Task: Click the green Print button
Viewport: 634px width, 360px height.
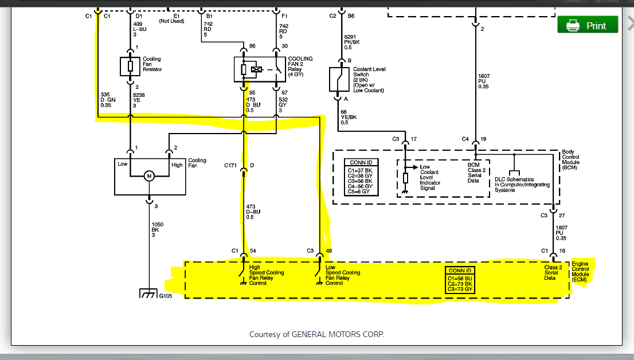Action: [588, 25]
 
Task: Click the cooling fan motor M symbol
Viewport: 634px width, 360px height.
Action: [150, 176]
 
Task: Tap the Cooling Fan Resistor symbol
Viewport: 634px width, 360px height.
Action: [130, 66]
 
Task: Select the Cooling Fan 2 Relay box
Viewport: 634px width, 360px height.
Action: [260, 69]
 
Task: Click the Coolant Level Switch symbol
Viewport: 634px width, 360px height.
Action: [338, 80]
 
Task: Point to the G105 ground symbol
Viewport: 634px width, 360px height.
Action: [150, 295]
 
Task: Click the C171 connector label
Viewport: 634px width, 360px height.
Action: [231, 166]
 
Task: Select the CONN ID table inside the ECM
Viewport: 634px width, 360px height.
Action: [461, 280]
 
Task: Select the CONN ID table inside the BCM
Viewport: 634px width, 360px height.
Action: [362, 177]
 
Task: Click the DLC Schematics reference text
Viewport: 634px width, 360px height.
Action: [522, 185]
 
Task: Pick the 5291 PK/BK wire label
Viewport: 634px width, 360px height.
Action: [351, 41]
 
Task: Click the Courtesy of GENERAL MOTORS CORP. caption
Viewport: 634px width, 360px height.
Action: [316, 334]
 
